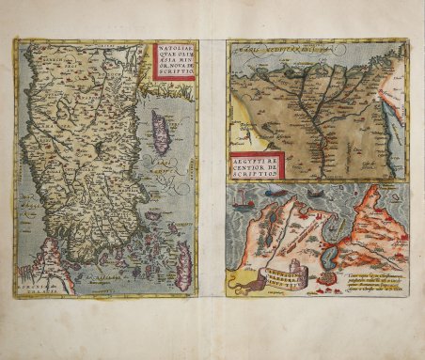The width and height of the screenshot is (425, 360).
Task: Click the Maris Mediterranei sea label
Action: click(282, 46)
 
